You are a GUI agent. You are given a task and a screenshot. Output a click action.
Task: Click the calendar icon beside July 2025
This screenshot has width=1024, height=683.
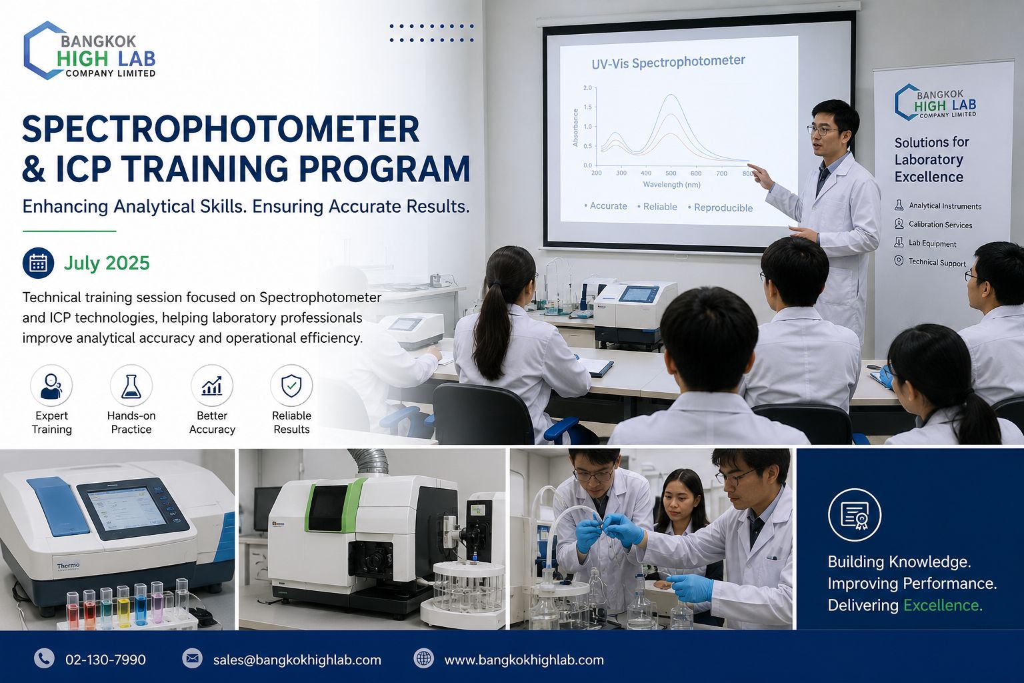pos(39,263)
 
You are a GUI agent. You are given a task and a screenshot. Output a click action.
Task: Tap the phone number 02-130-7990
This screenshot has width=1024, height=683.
pos(105,660)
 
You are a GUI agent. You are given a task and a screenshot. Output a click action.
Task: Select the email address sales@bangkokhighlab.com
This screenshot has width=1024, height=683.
pos(297,660)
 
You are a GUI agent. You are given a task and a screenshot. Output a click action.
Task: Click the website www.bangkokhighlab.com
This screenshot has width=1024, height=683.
pos(524,660)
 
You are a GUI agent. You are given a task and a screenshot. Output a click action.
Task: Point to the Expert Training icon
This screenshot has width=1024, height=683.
pos(51,386)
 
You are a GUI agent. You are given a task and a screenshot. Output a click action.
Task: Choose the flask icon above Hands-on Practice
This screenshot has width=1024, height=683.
pos(131,386)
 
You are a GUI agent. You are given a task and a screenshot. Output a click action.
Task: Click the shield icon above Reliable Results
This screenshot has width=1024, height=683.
pos(291,386)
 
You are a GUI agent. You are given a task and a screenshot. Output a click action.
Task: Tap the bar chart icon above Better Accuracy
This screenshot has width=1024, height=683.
pos(211,386)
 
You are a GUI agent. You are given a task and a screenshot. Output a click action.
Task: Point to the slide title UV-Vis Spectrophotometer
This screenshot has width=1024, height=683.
pos(669,62)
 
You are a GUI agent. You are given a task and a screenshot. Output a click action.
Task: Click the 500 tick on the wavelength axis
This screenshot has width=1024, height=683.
pos(671,173)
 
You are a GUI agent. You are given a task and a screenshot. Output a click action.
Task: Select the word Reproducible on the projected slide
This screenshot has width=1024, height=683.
pos(723,207)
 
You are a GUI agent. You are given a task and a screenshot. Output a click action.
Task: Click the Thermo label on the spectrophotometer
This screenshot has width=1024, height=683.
pos(68,566)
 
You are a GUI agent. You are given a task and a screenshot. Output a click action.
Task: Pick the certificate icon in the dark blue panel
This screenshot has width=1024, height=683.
pos(855,515)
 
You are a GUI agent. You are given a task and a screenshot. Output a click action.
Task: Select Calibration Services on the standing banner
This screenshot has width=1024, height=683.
pos(940,225)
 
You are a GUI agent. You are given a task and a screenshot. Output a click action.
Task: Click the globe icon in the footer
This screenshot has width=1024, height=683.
pos(424,659)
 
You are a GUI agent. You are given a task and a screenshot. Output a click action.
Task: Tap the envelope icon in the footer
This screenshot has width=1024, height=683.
pos(192,659)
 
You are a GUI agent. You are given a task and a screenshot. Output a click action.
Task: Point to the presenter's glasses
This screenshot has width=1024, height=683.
pos(823,130)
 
